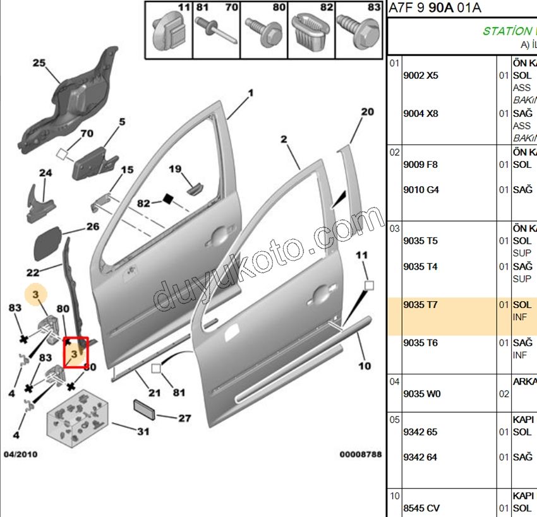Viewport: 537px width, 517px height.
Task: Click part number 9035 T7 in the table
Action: (420, 305)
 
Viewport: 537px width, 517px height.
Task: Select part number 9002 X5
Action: (420, 75)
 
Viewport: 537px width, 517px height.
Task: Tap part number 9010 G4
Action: (421, 190)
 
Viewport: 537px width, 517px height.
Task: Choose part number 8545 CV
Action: (421, 508)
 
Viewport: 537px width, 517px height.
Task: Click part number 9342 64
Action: (419, 457)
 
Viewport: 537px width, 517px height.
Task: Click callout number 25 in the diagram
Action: (39, 63)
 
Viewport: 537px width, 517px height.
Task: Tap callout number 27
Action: (184, 418)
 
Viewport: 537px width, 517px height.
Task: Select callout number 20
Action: (367, 112)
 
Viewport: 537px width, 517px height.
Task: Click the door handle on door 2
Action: (321, 292)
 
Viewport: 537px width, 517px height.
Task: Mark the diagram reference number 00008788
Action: (360, 454)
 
